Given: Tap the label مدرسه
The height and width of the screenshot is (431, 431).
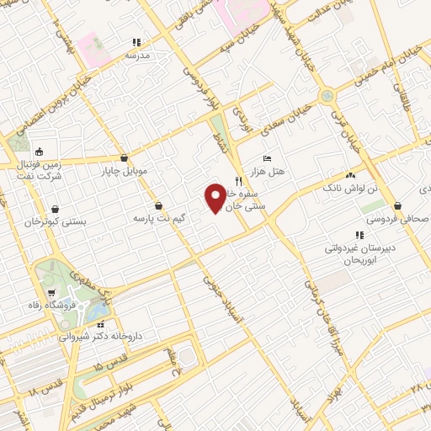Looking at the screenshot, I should (x=136, y=56).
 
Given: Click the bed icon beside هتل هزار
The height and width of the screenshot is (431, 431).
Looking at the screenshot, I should (x=268, y=158).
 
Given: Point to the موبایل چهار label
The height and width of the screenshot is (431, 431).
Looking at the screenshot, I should (x=125, y=171).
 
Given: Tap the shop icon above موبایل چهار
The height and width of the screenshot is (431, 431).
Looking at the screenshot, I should (x=125, y=157).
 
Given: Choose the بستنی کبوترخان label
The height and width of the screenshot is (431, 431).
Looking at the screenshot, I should (x=57, y=222).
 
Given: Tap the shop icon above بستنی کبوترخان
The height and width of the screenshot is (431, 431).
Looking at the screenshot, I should (x=56, y=209).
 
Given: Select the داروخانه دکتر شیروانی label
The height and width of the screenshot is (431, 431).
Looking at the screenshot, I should (x=100, y=337).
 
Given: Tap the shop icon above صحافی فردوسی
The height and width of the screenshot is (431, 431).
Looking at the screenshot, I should (x=396, y=205).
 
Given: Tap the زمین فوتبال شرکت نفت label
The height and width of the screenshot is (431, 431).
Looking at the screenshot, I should (x=40, y=172).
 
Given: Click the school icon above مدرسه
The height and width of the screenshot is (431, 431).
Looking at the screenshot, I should (x=136, y=42).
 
